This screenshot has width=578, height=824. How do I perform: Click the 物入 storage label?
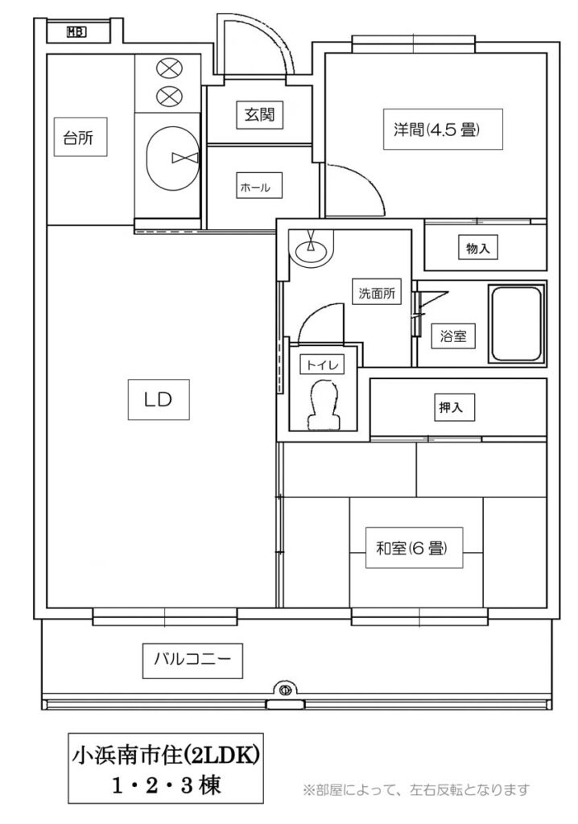pyautogui.click(x=478, y=248)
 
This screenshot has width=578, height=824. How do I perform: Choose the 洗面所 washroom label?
pyautogui.click(x=377, y=293)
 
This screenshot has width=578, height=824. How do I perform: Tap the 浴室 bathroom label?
pyautogui.click(x=453, y=336)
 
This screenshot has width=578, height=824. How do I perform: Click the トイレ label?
pyautogui.click(x=322, y=365)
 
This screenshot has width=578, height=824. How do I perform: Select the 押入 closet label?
pyautogui.click(x=451, y=407)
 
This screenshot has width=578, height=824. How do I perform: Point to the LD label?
pyautogui.click(x=159, y=399)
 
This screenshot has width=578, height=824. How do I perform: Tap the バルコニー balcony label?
pyautogui.click(x=192, y=660)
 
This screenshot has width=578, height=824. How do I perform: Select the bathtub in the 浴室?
pyautogui.click(x=516, y=323)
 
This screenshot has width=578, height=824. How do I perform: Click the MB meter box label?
pyautogui.click(x=76, y=32)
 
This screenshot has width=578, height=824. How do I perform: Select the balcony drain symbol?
pyautogui.click(x=286, y=689)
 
